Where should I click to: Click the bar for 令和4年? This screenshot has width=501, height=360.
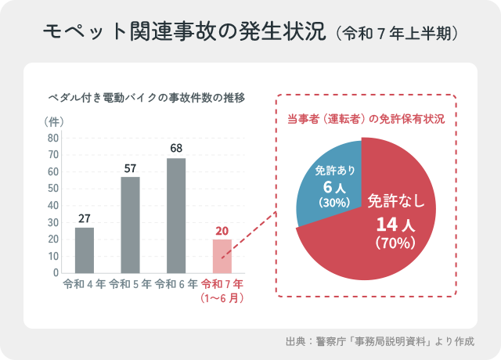(x=85, y=250)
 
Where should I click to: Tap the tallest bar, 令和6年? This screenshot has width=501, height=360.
(x=176, y=215)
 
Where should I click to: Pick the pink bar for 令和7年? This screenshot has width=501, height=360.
(x=222, y=256)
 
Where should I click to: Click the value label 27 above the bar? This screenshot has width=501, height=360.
(x=85, y=218)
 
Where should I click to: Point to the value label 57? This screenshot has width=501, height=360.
(x=131, y=167)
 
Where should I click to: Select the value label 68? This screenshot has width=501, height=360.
(x=176, y=148)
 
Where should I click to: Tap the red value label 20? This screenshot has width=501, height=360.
(x=222, y=230)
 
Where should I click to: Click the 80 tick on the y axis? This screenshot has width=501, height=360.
(x=53, y=138)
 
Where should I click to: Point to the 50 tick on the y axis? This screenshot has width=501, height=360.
(x=53, y=189)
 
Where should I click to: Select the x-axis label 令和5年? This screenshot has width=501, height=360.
(x=131, y=284)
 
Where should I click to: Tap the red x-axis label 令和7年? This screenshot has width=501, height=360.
(x=222, y=284)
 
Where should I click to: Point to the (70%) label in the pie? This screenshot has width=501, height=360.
(x=394, y=243)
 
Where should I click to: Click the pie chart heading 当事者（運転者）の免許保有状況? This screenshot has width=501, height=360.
(x=366, y=120)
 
